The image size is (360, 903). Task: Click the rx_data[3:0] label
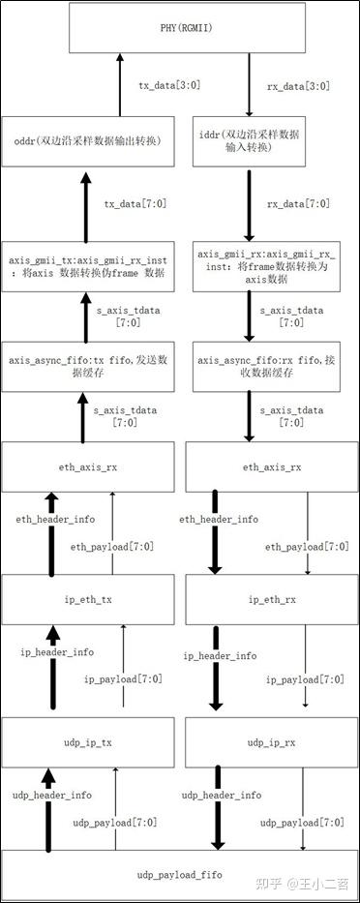(x=297, y=85)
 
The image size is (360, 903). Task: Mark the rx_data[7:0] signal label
(x=297, y=203)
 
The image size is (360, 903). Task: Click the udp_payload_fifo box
(x=179, y=874)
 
